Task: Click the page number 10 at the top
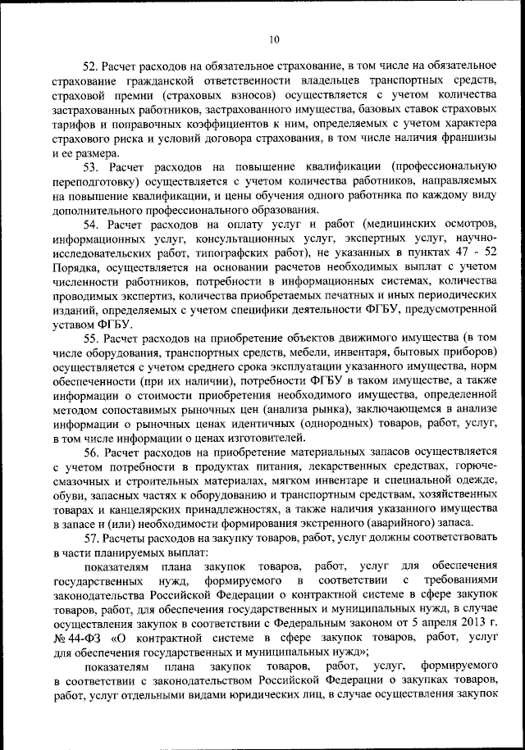273,39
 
